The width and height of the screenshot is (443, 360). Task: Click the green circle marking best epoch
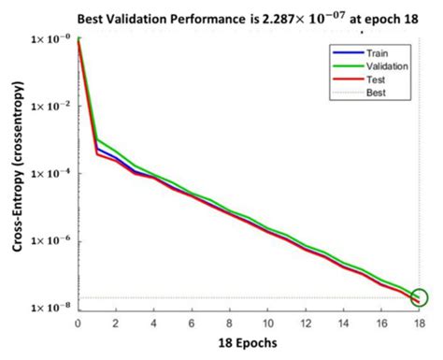[x=419, y=298]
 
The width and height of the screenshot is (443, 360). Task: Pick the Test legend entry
[x=369, y=80]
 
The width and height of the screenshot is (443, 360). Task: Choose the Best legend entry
[x=369, y=94]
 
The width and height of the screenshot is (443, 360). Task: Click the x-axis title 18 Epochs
[x=247, y=344]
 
